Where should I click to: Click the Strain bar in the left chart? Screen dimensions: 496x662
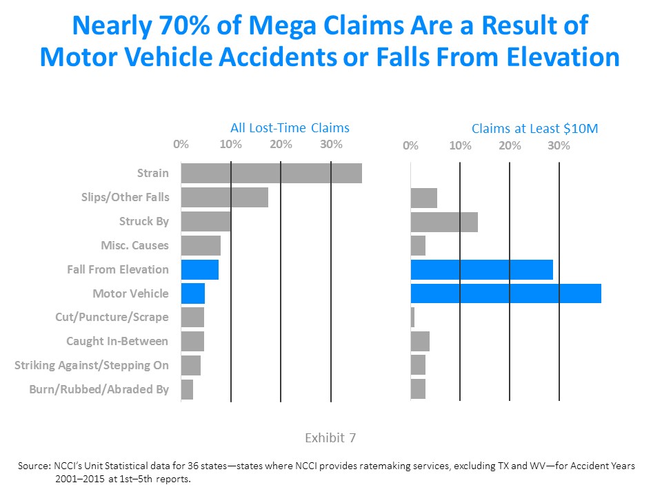(271, 173)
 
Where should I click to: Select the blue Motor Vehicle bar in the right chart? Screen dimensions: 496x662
(505, 293)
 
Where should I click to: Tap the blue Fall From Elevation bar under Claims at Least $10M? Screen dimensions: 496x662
(481, 269)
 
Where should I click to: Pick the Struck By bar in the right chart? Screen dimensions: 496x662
(444, 222)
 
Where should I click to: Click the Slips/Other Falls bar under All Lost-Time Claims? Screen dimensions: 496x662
(224, 198)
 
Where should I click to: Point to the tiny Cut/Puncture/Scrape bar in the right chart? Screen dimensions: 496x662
(412, 318)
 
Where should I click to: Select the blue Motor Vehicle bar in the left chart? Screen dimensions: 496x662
(193, 293)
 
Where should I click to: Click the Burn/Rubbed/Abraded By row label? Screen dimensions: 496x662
(99, 389)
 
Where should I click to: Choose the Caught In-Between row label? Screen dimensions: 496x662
(117, 341)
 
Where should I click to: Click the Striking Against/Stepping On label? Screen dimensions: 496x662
(92, 365)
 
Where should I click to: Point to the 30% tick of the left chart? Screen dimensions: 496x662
(331, 144)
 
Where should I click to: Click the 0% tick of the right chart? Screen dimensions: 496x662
(410, 146)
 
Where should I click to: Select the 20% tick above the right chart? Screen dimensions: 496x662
(510, 146)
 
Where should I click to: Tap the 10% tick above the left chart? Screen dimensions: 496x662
(230, 144)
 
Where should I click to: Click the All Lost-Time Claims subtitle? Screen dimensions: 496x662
(290, 127)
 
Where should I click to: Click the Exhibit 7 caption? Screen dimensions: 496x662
(330, 437)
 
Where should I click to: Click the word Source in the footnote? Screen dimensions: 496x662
(33, 466)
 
